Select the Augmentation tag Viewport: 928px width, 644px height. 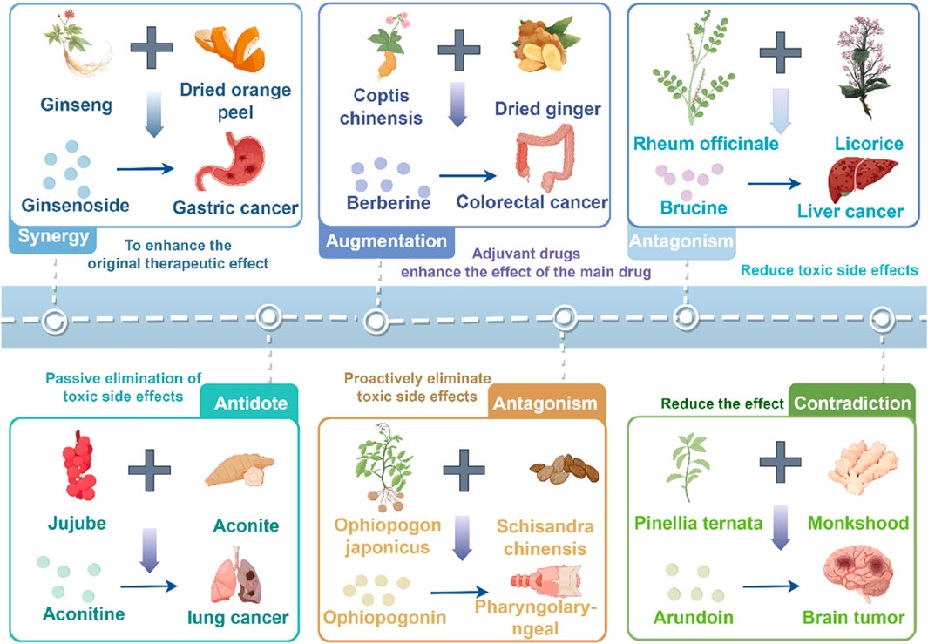(384, 241)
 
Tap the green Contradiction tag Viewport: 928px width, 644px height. (851, 403)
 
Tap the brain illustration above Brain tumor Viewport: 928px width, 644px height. (859, 573)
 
